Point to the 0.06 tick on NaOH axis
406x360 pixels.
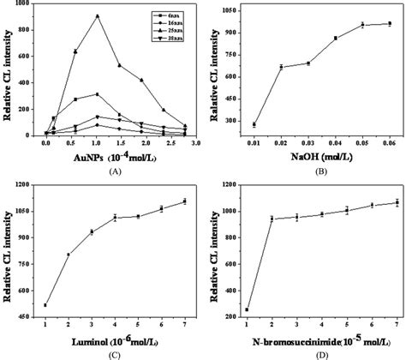(390, 147)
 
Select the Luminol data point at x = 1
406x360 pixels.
(45, 304)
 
